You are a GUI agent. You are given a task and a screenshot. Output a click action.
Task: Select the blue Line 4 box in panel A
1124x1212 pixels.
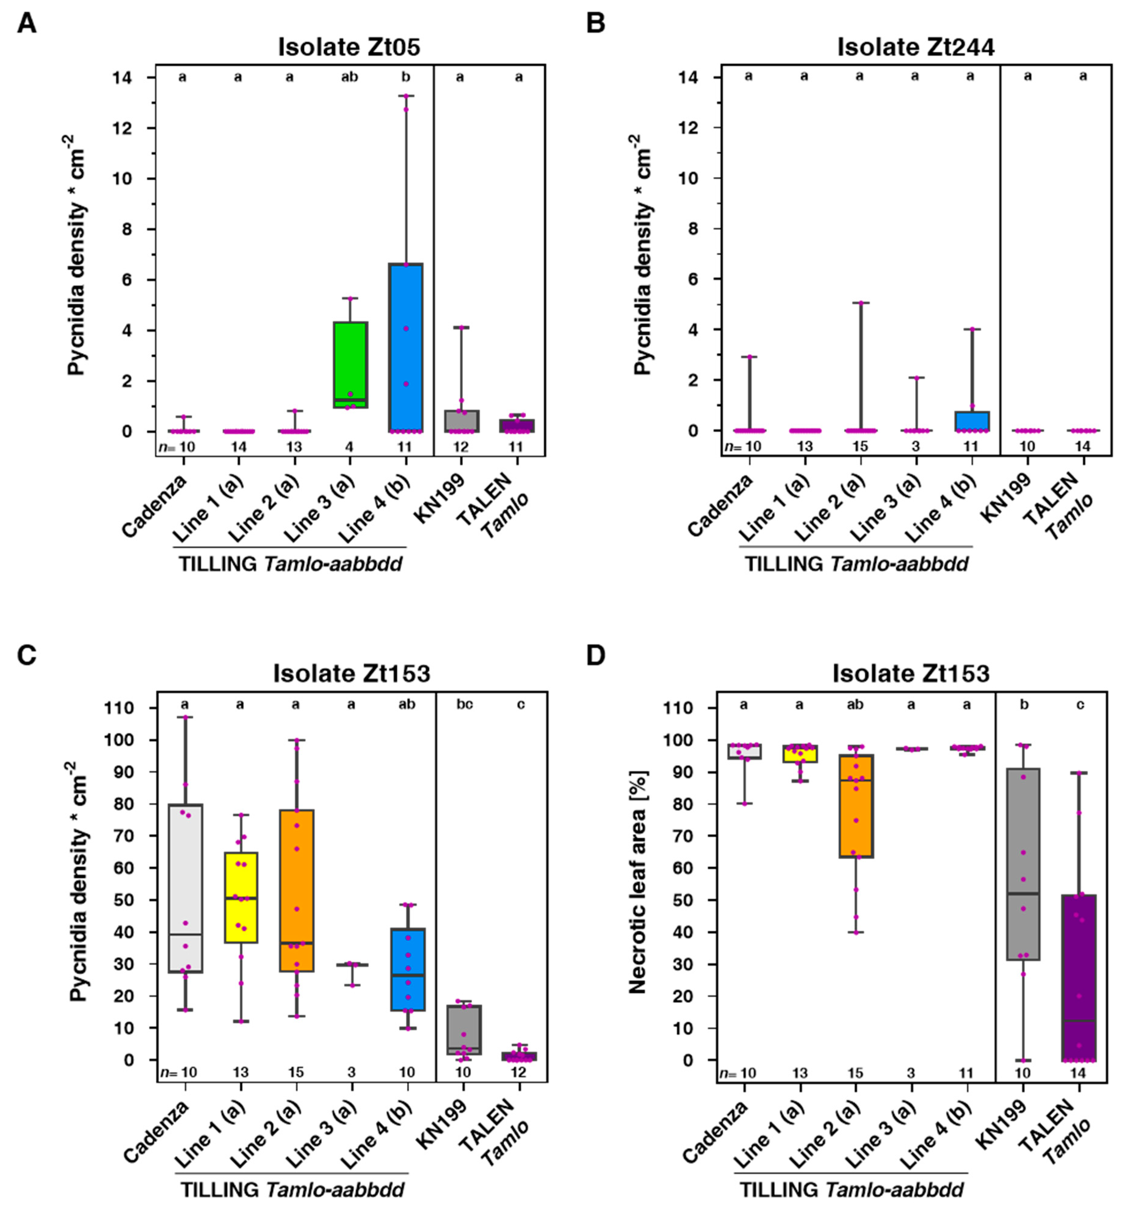(406, 347)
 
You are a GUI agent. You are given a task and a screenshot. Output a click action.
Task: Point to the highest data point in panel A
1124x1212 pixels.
(406, 96)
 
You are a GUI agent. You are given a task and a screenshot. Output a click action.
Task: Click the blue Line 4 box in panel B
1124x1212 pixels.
(971, 421)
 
